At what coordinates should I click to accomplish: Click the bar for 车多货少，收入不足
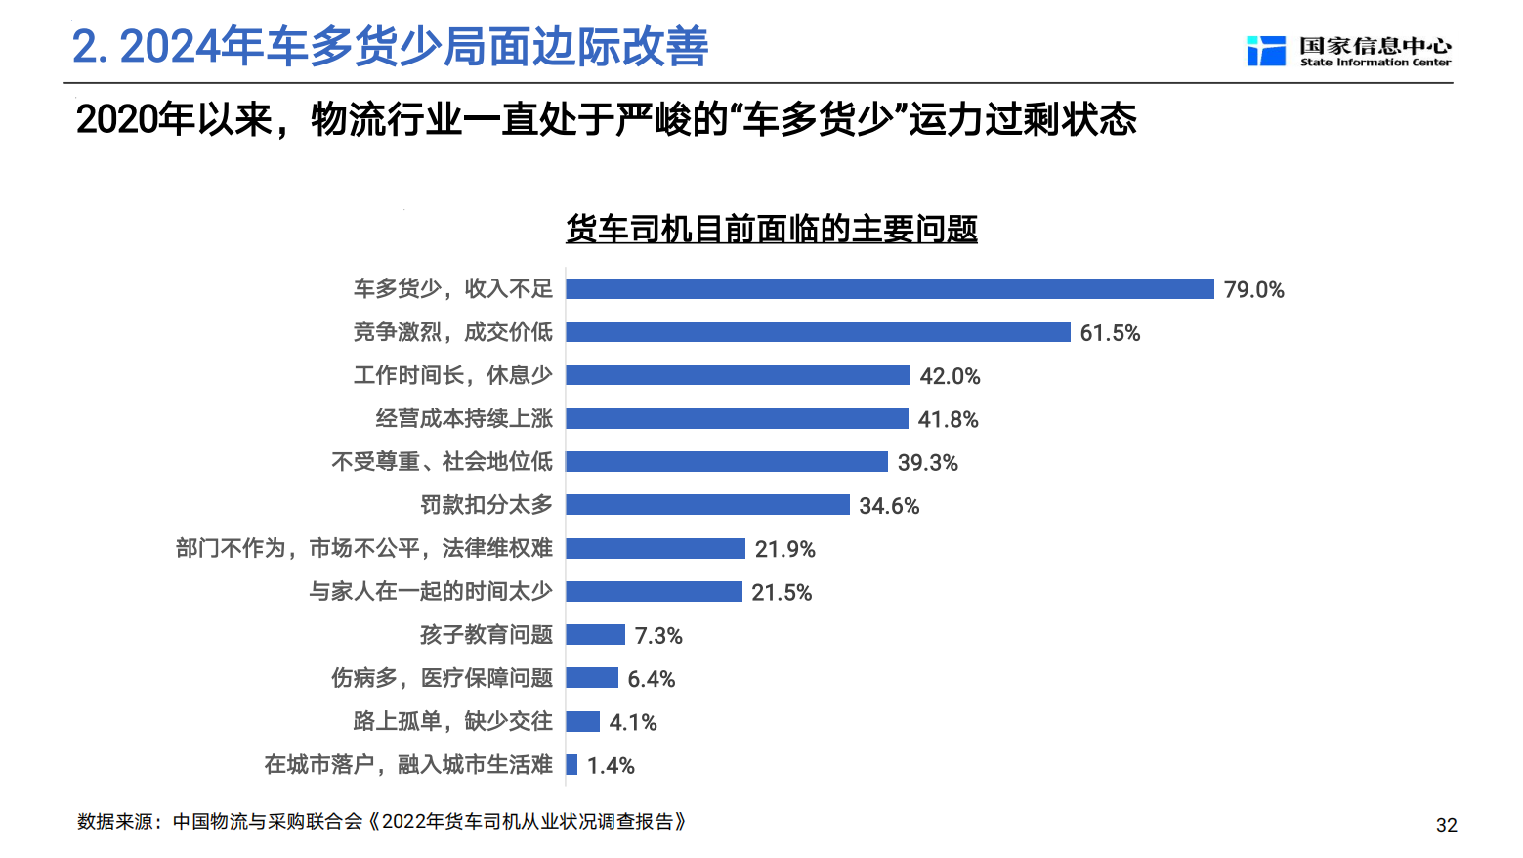click(x=889, y=289)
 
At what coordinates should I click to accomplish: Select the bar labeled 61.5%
click(x=818, y=332)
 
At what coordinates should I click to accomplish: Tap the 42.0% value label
click(x=950, y=376)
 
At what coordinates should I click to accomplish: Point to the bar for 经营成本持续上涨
click(x=737, y=419)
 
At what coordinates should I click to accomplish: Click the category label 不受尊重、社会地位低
click(x=442, y=462)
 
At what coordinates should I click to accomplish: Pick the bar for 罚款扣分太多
click(x=708, y=505)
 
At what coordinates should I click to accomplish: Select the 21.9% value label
click(x=784, y=549)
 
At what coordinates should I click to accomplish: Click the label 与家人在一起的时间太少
click(x=431, y=592)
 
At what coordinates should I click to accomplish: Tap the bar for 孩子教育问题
click(x=595, y=635)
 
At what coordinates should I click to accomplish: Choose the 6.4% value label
click(x=652, y=679)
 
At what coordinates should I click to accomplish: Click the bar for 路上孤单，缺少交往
click(x=582, y=721)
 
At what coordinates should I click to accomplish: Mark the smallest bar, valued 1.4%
click(x=571, y=765)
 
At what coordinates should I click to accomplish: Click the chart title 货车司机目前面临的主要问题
click(x=772, y=229)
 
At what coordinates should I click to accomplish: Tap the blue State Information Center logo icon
click(x=1266, y=51)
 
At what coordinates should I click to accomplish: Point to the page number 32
click(x=1446, y=825)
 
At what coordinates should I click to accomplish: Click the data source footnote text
click(x=382, y=821)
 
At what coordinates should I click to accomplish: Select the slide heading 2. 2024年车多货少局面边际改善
click(x=390, y=47)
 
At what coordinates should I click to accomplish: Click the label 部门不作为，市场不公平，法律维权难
click(x=364, y=548)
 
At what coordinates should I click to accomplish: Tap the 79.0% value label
click(x=1253, y=289)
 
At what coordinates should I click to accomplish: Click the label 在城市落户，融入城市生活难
click(x=408, y=765)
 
